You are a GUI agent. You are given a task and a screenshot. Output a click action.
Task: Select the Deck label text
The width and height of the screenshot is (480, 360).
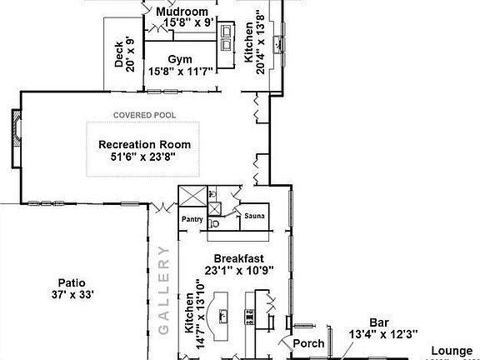pyautogui.click(x=120, y=55)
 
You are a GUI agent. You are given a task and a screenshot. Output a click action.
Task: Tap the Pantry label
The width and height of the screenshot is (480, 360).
pyautogui.click(x=192, y=219)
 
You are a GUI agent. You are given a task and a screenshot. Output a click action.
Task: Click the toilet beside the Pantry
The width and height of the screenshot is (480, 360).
pyautogui.click(x=214, y=222)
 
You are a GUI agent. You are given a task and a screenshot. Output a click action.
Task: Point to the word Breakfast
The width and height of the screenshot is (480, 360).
pyautogui.click(x=238, y=258)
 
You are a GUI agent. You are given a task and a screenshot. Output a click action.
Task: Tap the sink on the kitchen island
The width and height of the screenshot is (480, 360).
pyautogui.click(x=222, y=315)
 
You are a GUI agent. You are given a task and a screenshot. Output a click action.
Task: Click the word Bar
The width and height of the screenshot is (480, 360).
pyautogui.click(x=380, y=322)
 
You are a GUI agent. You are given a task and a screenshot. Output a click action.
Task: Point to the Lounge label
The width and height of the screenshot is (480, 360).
pyautogui.click(x=450, y=351)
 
